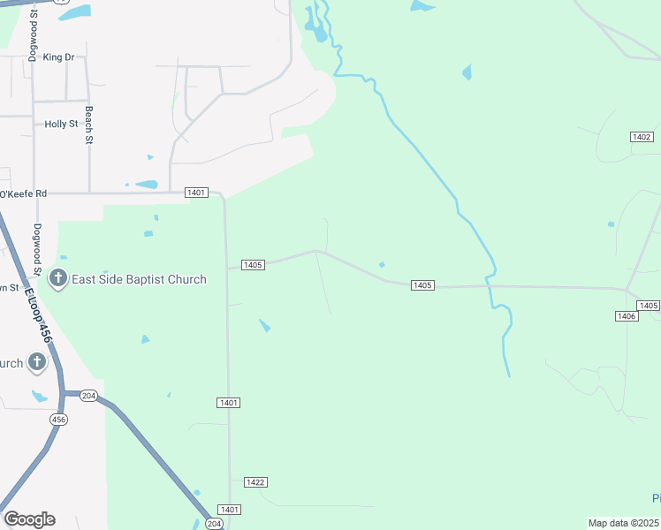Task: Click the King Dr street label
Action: pyautogui.click(x=58, y=57)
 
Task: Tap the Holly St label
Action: pyautogui.click(x=61, y=125)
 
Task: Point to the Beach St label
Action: pyautogui.click(x=88, y=125)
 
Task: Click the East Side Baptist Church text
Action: pyautogui.click(x=140, y=280)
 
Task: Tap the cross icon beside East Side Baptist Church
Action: pyautogui.click(x=58, y=280)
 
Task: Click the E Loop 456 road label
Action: pyautogui.click(x=39, y=316)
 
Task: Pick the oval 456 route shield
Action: pyautogui.click(x=58, y=419)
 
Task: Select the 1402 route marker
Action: pyautogui.click(x=642, y=137)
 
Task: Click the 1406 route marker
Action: pyautogui.click(x=627, y=315)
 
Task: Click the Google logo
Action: pyautogui.click(x=29, y=519)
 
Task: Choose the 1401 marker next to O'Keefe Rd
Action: pyautogui.click(x=196, y=193)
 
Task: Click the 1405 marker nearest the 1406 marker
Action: pyautogui.click(x=649, y=306)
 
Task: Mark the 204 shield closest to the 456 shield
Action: pyautogui.click(x=87, y=395)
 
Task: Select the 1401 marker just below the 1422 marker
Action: pyautogui.click(x=230, y=510)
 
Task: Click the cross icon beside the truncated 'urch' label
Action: pyautogui.click(x=37, y=361)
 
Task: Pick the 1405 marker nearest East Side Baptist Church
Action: pyautogui.click(x=253, y=265)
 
